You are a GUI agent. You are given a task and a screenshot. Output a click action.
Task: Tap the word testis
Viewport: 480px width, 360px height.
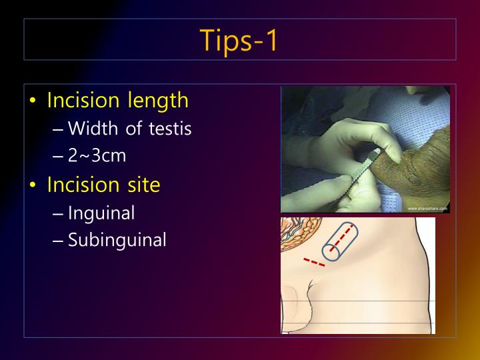pyautogui.click(x=171, y=128)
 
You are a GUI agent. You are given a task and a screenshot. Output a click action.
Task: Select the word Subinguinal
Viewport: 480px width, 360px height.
pyautogui.click(x=117, y=240)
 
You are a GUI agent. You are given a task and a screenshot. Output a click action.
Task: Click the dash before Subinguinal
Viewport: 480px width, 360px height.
pyautogui.click(x=59, y=241)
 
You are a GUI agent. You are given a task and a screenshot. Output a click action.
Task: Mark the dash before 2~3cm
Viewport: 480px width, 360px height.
pyautogui.click(x=59, y=157)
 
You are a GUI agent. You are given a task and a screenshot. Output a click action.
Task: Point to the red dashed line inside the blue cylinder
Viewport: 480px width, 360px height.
pyautogui.click(x=341, y=239)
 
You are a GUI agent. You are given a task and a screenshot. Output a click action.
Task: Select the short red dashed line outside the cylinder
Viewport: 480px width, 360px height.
pyautogui.click(x=313, y=262)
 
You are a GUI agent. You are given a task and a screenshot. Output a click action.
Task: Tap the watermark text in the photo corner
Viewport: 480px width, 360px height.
pyautogui.click(x=427, y=209)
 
